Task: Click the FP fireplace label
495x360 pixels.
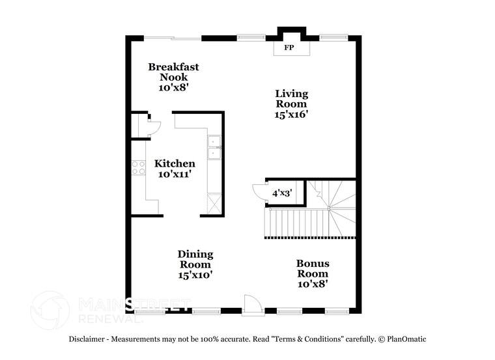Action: pyautogui.click(x=289, y=48)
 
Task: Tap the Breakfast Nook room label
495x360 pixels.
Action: pyautogui.click(x=173, y=72)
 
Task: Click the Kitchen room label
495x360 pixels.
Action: pyautogui.click(x=175, y=164)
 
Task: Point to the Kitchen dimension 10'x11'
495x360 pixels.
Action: pyautogui.click(x=175, y=174)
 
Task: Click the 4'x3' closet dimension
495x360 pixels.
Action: pyautogui.click(x=281, y=193)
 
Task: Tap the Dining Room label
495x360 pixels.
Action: pyautogui.click(x=195, y=259)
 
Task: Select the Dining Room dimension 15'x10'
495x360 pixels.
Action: pyautogui.click(x=195, y=275)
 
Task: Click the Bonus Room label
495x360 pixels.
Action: pyautogui.click(x=313, y=268)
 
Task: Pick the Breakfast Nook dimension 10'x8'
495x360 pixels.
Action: pyautogui.click(x=173, y=87)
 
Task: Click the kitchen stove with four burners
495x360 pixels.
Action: pyautogui.click(x=138, y=167)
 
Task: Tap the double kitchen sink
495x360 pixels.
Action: pyautogui.click(x=215, y=148)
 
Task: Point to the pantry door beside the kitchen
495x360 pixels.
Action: pyautogui.click(x=154, y=126)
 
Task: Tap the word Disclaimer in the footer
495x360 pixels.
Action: pyautogui.click(x=87, y=339)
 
